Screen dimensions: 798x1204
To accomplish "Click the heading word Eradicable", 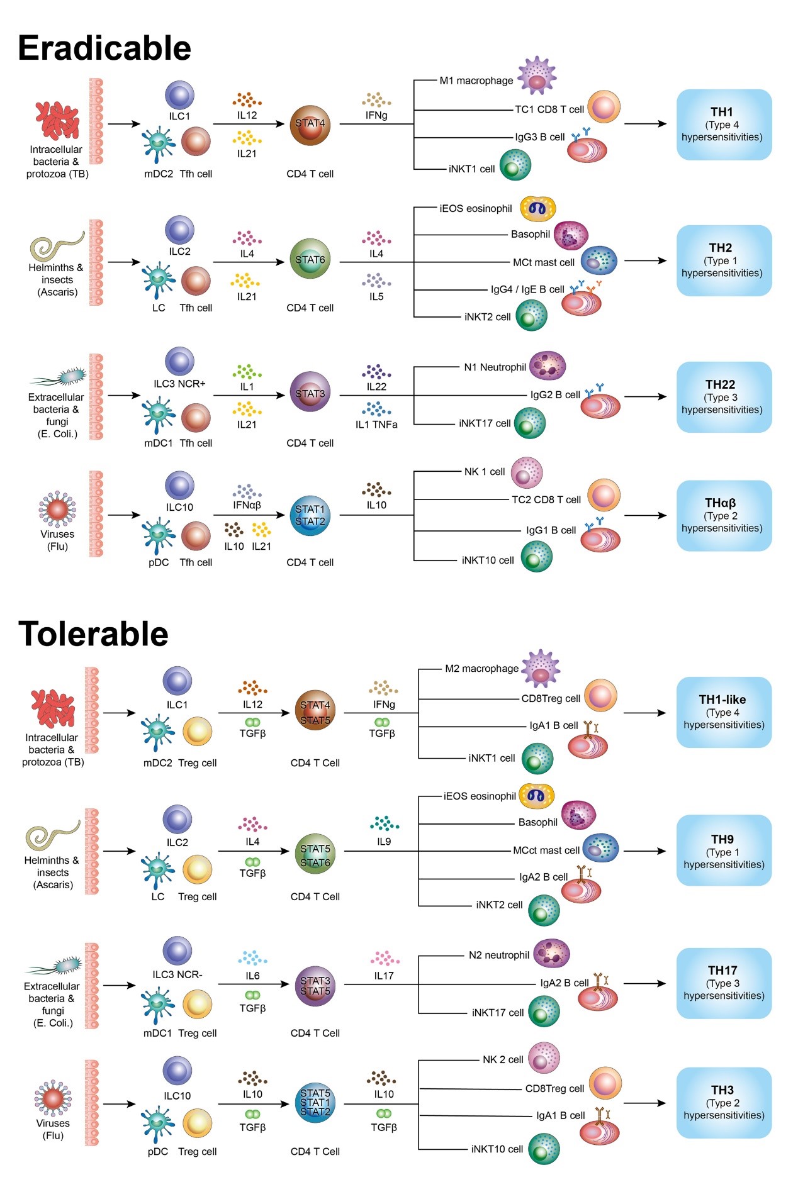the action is pos(104,48).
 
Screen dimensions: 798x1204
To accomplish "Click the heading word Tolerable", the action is pos(93,633).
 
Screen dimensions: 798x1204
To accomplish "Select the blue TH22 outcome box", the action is pos(724,397).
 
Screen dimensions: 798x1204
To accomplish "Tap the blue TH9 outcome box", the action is pos(724,850).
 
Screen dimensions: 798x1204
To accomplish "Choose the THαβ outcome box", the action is pos(724,516).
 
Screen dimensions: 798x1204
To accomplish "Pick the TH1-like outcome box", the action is pos(724,712).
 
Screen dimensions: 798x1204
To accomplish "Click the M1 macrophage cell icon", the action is pos(537,75).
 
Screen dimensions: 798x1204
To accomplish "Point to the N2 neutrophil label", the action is pos(498,955).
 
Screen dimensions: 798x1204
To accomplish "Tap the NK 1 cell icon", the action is pos(526,473).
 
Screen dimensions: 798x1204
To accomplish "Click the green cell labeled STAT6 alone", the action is pos(310,259).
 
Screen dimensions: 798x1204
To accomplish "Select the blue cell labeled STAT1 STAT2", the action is pos(310,516).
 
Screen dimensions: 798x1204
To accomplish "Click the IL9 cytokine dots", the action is pos(384,823).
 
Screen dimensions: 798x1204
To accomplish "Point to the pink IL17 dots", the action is pos(384,958).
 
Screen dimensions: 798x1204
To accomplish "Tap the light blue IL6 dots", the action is pos(252,958).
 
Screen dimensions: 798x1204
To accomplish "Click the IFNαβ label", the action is pos(247,505).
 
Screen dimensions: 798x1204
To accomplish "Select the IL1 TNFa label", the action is pos(376,425).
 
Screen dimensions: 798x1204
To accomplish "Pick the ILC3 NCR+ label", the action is pos(179,384).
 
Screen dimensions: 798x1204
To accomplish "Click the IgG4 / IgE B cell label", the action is pos(527,289).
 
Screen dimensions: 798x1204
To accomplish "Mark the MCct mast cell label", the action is pos(546,850).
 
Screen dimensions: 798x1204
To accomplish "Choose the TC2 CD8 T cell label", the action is pos(546,499).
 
